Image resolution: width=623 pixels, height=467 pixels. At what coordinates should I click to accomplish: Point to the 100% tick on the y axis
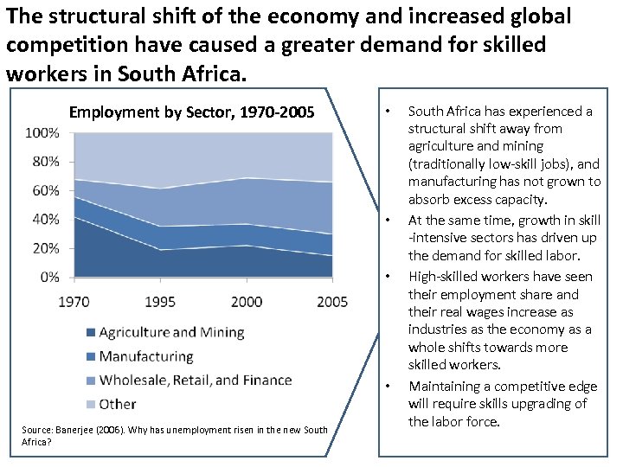click(42, 133)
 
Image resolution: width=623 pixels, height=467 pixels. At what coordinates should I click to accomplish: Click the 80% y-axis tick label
click(45, 162)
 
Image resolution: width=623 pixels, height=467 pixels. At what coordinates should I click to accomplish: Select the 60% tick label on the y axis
click(45, 190)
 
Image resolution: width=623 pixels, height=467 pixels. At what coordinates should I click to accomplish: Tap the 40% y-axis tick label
click(45, 220)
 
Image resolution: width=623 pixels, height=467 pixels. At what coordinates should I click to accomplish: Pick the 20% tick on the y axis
click(45, 248)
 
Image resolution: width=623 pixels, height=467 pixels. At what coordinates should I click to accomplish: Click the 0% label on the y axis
click(48, 277)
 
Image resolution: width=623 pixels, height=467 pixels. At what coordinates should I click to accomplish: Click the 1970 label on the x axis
click(74, 302)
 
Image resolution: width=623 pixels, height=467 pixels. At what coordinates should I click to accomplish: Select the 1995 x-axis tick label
click(160, 302)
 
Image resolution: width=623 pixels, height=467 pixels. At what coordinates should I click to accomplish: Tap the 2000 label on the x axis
click(247, 302)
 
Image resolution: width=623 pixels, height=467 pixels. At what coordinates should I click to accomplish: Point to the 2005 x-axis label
click(332, 302)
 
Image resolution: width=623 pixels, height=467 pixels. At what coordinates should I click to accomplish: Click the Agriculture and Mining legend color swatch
click(89, 333)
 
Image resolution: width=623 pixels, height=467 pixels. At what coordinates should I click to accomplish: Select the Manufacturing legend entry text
click(146, 356)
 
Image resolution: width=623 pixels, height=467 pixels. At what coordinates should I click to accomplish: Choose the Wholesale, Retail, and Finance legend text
click(196, 380)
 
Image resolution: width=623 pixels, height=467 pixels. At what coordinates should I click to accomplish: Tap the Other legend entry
click(118, 403)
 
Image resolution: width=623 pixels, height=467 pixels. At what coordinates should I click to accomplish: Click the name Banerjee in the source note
click(76, 430)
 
